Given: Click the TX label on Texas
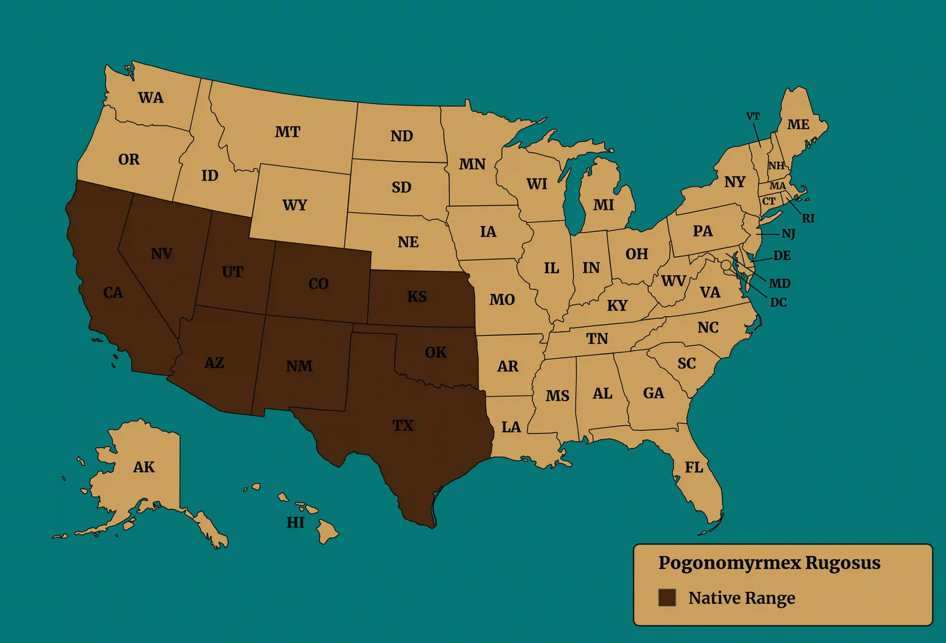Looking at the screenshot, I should point(403,426).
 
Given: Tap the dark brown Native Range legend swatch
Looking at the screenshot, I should point(666,597).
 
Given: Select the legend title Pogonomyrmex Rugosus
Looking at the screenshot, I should point(769,563).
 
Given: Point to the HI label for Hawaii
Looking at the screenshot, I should point(295,523).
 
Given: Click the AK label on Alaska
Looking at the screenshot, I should point(144,467).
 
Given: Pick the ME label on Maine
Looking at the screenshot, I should point(798,124).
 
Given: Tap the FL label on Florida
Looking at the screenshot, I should point(694,467).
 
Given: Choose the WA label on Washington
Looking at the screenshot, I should point(151,98).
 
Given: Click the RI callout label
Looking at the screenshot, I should point(809,219).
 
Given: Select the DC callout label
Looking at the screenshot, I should point(778,303).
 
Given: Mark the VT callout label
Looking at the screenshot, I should point(753,117).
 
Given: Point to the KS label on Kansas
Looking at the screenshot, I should point(417,297).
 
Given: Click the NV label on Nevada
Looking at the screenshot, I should point(161,253).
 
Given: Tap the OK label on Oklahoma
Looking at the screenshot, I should point(435,352).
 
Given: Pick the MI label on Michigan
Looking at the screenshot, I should point(603,205).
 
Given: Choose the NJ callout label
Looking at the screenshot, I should point(788,234).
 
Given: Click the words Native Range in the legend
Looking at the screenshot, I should point(742,598).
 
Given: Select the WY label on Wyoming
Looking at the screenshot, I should point(295,205).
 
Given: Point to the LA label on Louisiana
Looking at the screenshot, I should point(511,428).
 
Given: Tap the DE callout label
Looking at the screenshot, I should point(782,255).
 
